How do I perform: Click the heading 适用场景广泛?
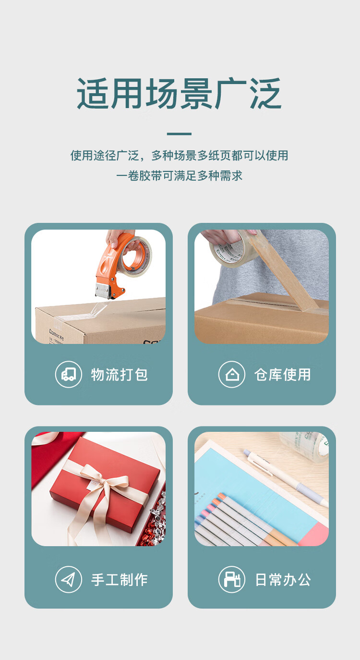(179, 94)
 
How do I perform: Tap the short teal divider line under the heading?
(179, 134)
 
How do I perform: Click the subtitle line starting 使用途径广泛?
(179, 155)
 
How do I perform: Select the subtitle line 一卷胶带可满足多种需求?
(179, 176)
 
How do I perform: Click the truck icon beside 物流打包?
(68, 374)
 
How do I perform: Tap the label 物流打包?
(119, 375)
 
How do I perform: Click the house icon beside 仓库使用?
(232, 374)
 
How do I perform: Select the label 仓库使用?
(282, 375)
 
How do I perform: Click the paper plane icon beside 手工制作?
(68, 579)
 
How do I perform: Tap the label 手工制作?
(119, 580)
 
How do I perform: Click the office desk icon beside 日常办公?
(232, 579)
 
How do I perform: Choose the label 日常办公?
(283, 580)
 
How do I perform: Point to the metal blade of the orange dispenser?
(103, 291)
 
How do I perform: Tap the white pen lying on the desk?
(286, 477)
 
